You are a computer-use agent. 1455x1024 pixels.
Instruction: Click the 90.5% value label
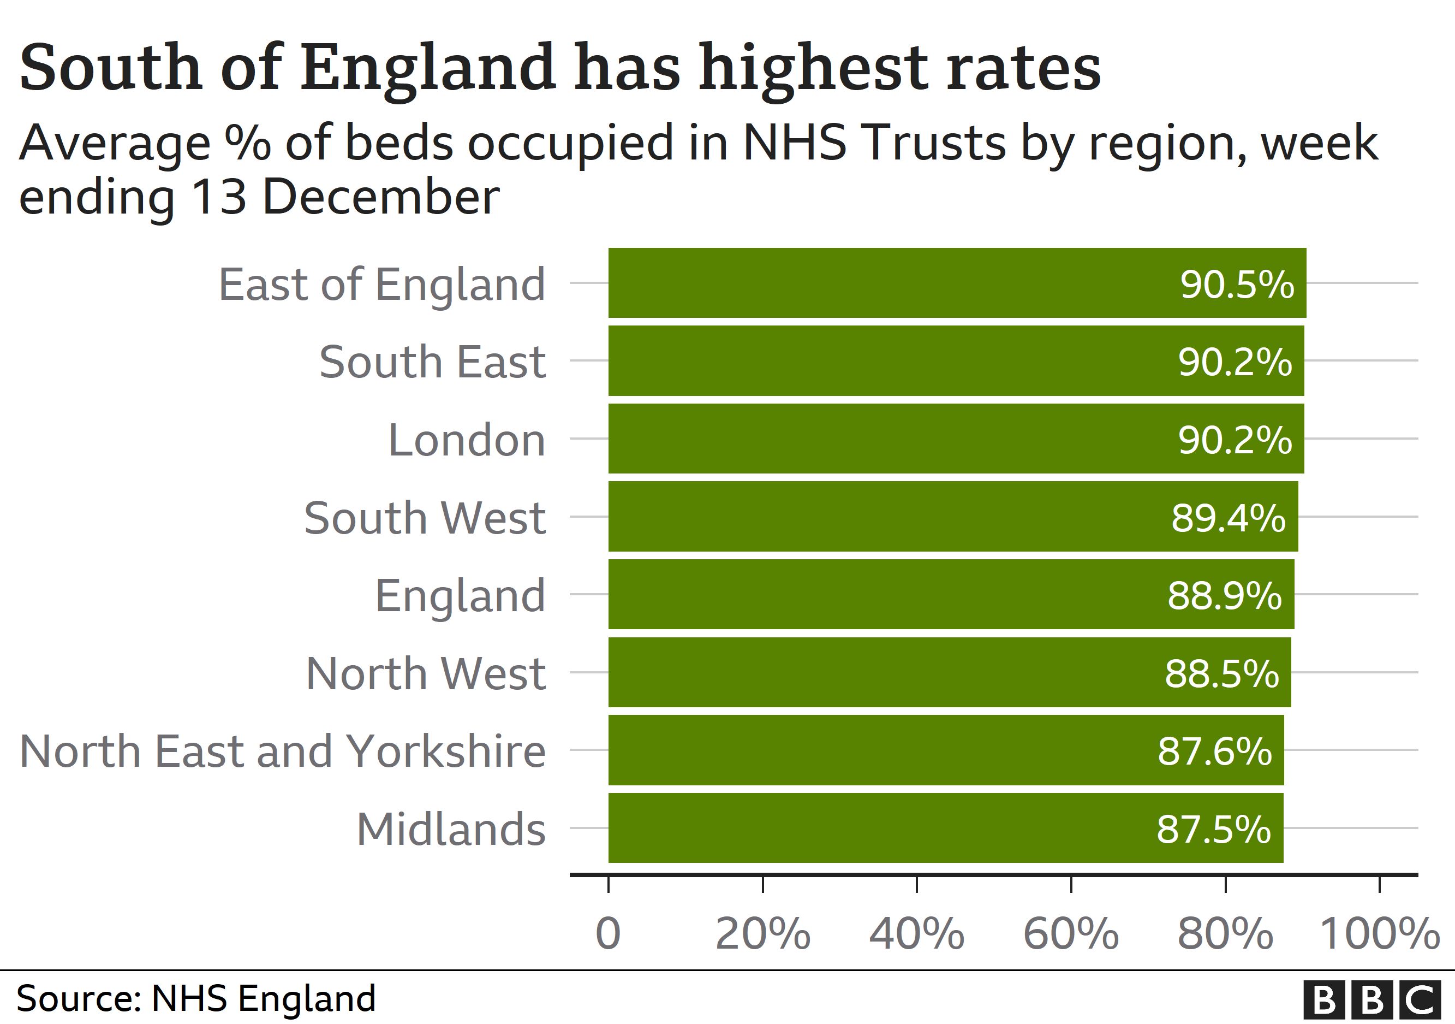pos(1236,284)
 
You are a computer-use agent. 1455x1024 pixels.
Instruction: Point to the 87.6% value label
pos(1214,751)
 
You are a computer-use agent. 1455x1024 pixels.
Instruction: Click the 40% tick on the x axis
pos(916,934)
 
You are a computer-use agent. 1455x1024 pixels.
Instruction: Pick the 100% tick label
pos(1379,934)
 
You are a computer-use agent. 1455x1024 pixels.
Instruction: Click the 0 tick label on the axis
pos(608,934)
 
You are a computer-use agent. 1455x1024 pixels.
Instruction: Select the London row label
pos(467,440)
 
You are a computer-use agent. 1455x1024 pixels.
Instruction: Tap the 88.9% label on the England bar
pos(1224,595)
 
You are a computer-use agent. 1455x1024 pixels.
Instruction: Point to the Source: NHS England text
pos(196,999)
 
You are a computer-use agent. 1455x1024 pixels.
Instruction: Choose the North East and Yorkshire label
pos(283,751)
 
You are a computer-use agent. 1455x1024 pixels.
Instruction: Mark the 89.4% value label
pos(1227,517)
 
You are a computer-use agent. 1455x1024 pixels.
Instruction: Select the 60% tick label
pos(1070,934)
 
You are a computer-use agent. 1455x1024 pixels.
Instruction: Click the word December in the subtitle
pos(381,197)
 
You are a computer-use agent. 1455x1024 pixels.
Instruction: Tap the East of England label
pos(381,284)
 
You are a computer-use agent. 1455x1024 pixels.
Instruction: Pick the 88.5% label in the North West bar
pos(1221,673)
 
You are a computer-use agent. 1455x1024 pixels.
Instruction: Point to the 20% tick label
pos(762,934)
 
